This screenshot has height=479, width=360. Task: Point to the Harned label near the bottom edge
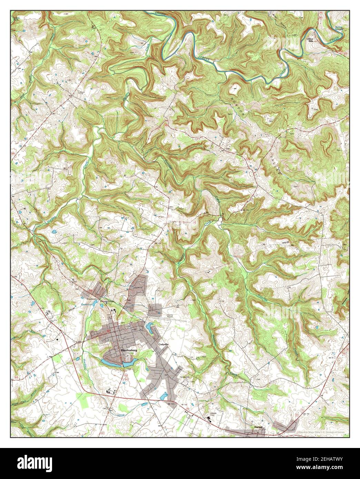click(x=258, y=427)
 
